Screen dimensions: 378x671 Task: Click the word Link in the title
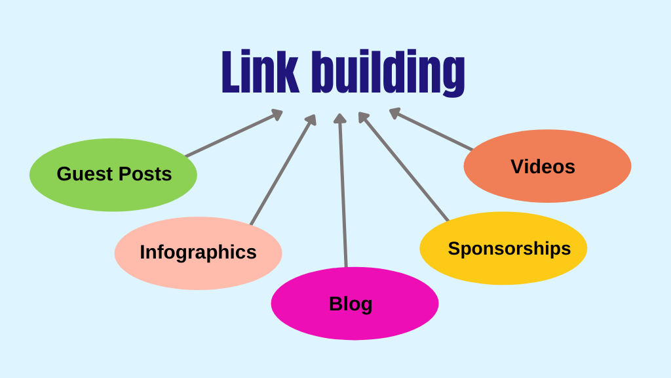pyautogui.click(x=259, y=72)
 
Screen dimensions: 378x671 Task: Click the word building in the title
pyautogui.click(x=388, y=73)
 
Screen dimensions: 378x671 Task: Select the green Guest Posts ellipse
pyautogui.click(x=113, y=175)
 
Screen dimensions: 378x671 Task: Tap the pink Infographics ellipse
pyautogui.click(x=198, y=253)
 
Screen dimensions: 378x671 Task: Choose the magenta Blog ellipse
pyautogui.click(x=355, y=303)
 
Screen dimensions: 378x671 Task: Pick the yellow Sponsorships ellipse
pyautogui.click(x=503, y=248)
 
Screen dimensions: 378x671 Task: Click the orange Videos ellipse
pyautogui.click(x=547, y=166)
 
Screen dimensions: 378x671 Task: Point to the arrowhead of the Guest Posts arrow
pyautogui.click(x=277, y=115)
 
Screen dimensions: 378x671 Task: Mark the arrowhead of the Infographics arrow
pyautogui.click(x=312, y=120)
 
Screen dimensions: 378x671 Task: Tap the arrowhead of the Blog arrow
pyautogui.click(x=339, y=118)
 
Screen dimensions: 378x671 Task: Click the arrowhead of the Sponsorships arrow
pyautogui.click(x=363, y=117)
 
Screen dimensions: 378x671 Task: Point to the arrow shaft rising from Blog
pyautogui.click(x=343, y=197)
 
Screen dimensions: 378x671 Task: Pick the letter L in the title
pyautogui.click(x=229, y=72)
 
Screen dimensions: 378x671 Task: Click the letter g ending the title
pyautogui.click(x=453, y=76)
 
